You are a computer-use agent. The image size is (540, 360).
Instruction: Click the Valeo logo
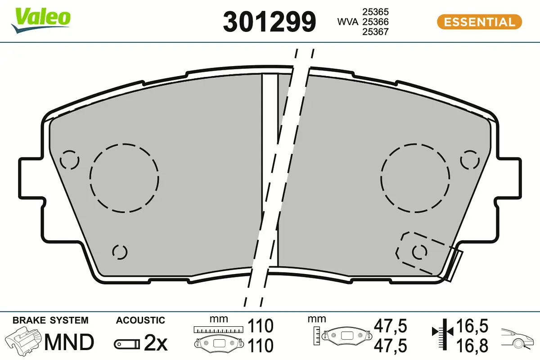(41, 20)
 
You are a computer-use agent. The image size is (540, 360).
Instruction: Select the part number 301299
(269, 22)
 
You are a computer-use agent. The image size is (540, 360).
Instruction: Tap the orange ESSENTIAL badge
(480, 22)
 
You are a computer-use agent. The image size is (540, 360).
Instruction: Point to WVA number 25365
(376, 12)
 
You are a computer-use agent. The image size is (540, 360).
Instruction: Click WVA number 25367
(376, 32)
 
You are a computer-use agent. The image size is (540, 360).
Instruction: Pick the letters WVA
(348, 22)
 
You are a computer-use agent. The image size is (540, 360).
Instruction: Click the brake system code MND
(69, 342)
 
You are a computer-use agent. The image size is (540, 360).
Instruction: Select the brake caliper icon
(24, 341)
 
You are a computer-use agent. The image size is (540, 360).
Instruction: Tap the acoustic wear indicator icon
(127, 344)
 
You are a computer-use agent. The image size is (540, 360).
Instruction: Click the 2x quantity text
(156, 343)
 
